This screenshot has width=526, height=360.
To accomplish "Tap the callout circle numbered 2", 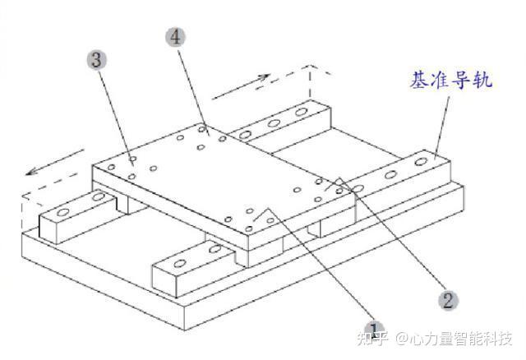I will click(x=447, y=299).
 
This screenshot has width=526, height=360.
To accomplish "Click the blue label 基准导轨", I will click(x=451, y=81).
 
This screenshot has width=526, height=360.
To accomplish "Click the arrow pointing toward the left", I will click(x=53, y=164).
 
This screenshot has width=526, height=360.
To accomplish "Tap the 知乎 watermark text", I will click(x=356, y=338).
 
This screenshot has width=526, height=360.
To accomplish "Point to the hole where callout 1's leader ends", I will click(x=262, y=215).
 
